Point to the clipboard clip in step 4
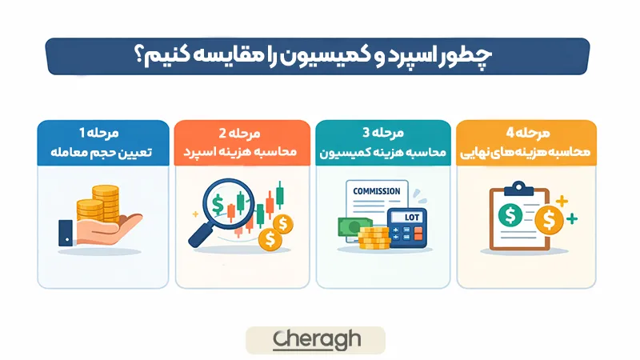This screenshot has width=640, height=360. [x=521, y=188]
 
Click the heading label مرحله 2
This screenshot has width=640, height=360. [x=239, y=132]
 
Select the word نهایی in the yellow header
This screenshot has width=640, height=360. [x=477, y=152]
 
